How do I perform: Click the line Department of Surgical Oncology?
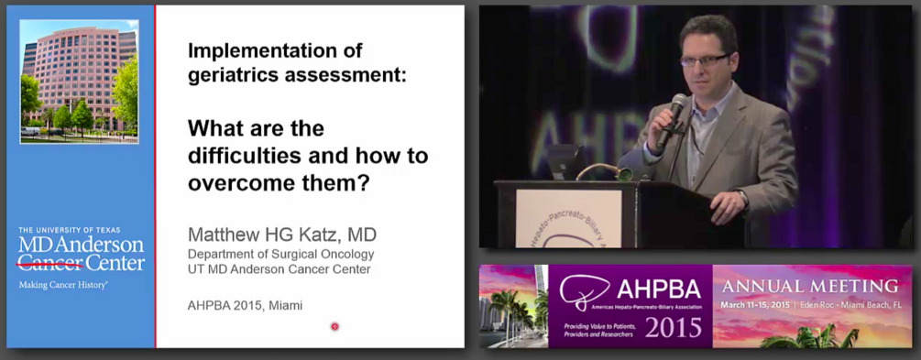click(280, 254)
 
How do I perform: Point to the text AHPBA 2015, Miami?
click(245, 304)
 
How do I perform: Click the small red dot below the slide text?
click(334, 325)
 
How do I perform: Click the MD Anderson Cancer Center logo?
click(82, 254)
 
